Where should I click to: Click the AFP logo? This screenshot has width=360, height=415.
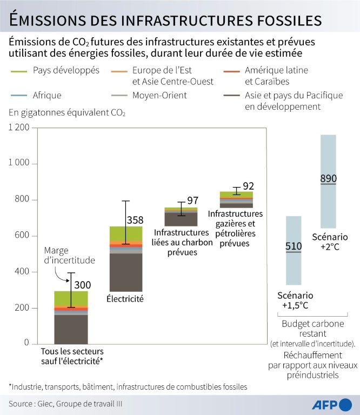click(332, 405)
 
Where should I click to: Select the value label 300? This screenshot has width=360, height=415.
click(82, 285)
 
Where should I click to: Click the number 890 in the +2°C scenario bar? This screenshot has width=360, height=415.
click(328, 178)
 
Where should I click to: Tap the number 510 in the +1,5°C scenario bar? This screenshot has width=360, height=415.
click(293, 247)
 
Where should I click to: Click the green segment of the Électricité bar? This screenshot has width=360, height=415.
click(125, 233)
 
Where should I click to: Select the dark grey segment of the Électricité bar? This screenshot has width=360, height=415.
click(125, 273)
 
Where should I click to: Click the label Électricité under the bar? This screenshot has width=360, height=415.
click(125, 298)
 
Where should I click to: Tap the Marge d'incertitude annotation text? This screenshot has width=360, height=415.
click(70, 256)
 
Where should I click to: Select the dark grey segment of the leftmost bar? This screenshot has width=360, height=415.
click(71, 329)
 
